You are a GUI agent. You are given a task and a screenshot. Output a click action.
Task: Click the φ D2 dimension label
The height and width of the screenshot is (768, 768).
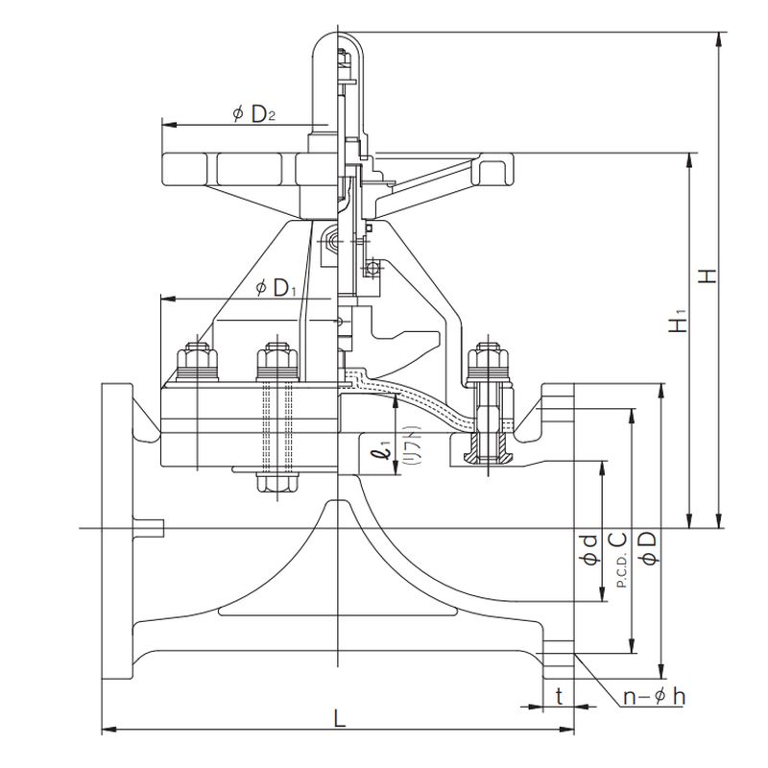point(254,114)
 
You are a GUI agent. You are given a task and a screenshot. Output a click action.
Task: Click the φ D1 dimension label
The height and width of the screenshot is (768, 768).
point(275,287)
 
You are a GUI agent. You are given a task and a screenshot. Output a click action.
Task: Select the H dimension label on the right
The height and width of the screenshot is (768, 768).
point(708,276)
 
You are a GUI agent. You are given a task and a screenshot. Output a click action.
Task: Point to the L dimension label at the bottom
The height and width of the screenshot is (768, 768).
point(338,718)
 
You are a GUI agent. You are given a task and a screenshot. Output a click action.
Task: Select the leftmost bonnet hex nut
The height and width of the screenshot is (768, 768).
point(195,359)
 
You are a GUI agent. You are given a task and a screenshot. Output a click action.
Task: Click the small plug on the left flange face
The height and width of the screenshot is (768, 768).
point(151,527)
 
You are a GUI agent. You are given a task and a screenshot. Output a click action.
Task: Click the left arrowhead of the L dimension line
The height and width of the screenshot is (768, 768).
point(106,732)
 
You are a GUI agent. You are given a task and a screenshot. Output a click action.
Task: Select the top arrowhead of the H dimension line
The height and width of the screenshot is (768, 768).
point(719,37)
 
